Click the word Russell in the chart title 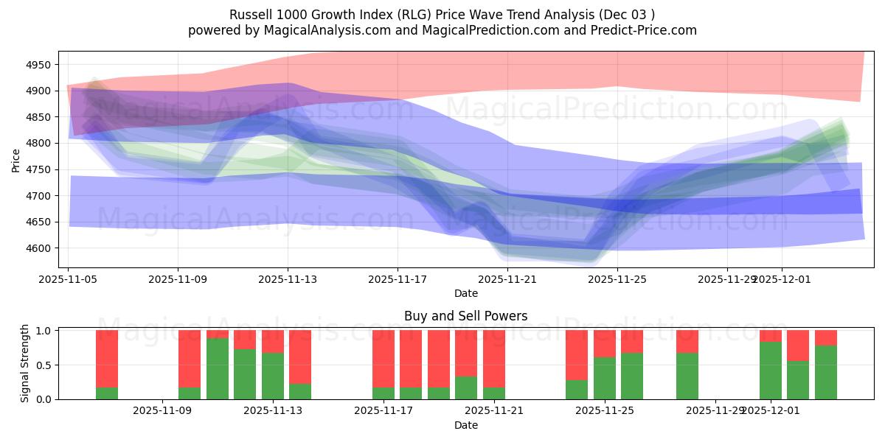251,15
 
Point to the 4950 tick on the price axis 37,65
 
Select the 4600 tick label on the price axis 37,248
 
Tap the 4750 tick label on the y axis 37,169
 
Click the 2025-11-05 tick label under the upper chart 69,279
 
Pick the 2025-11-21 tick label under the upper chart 507,279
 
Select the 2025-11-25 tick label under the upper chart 617,279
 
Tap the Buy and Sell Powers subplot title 465,316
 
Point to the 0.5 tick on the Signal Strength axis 44,365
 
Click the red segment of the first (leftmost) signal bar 107,357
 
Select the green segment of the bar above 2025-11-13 273,376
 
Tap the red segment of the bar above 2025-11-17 383,357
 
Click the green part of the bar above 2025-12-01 771,371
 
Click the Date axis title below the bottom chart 465,425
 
